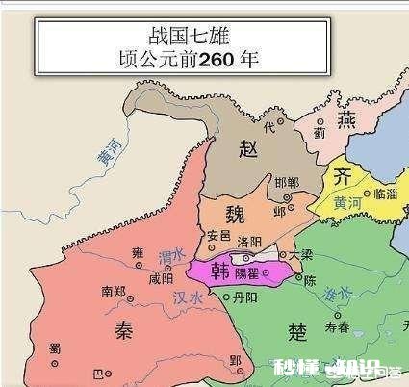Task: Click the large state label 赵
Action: [248, 147]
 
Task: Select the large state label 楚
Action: [297, 330]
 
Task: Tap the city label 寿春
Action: [337, 327]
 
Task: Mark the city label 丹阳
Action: [245, 299]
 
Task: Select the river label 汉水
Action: [190, 298]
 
